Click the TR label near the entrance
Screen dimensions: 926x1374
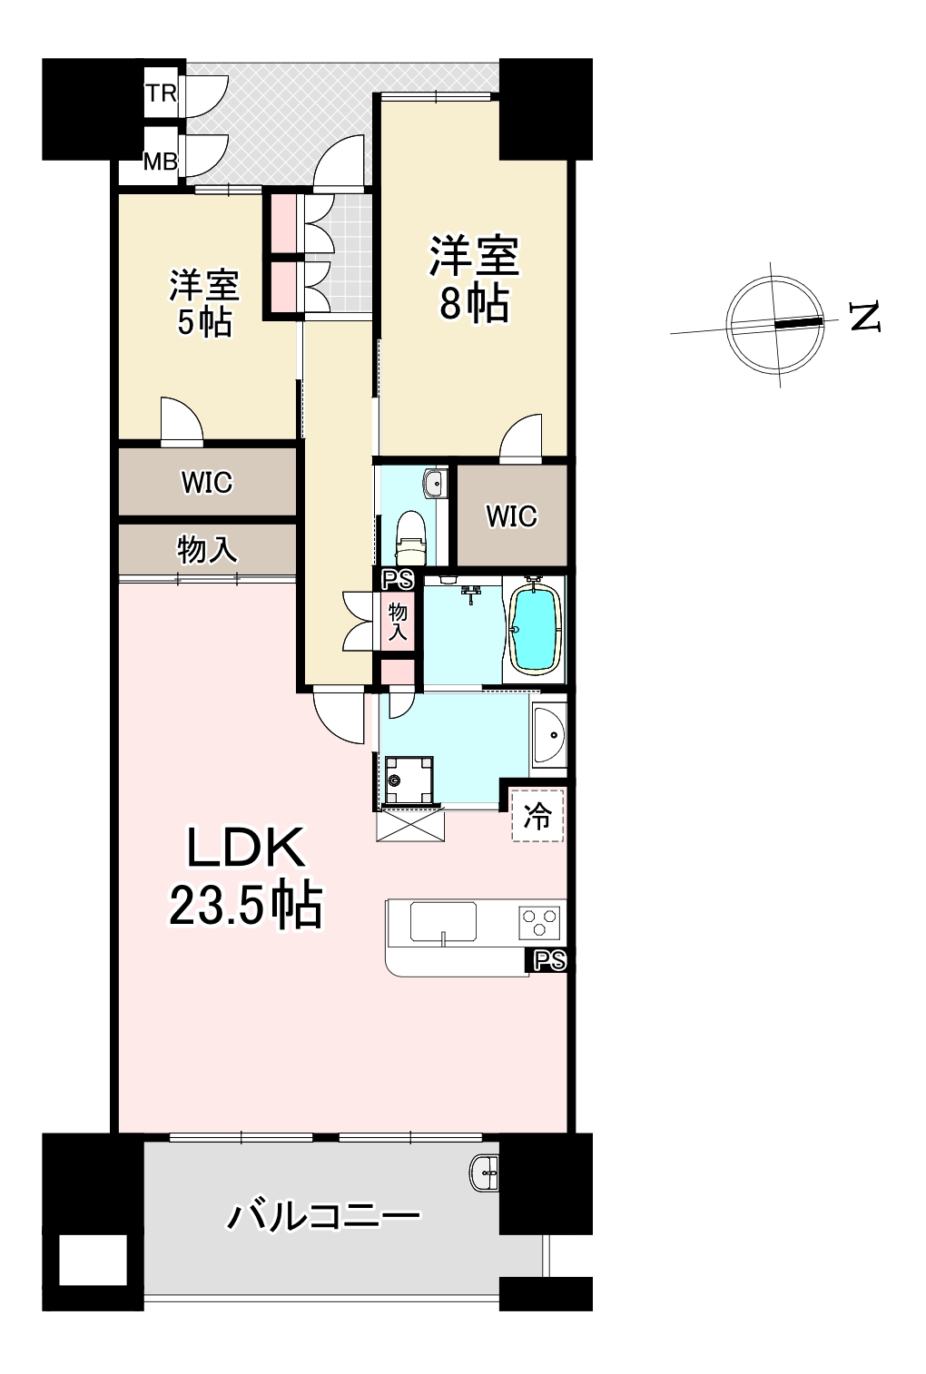click(161, 93)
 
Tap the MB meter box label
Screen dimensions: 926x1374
click(160, 162)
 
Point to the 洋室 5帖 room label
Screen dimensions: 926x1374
click(204, 303)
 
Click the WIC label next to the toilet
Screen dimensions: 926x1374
click(511, 515)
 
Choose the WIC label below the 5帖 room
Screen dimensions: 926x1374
click(207, 482)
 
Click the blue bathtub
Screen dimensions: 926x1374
click(537, 629)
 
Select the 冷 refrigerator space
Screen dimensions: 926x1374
click(537, 816)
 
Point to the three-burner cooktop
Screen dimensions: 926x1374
click(539, 923)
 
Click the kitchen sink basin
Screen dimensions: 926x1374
click(443, 921)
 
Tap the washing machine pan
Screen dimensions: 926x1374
click(409, 780)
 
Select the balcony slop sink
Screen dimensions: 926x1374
click(485, 1174)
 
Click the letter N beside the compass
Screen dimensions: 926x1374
click(865, 317)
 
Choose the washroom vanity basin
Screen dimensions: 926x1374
click(548, 735)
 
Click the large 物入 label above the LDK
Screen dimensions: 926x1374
click(207, 549)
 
